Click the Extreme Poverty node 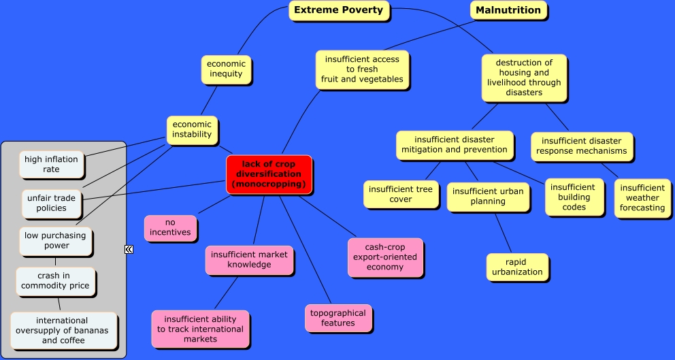click(x=339, y=10)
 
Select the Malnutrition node click(x=508, y=10)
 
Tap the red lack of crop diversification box click(x=269, y=174)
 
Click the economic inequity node click(x=227, y=69)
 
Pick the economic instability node click(x=192, y=129)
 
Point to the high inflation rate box click(x=52, y=164)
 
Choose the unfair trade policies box click(x=52, y=203)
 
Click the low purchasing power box click(x=56, y=240)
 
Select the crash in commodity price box click(x=55, y=280)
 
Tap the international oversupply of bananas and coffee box click(x=63, y=330)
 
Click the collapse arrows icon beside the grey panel click(x=129, y=250)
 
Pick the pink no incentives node click(x=170, y=227)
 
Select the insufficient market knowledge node click(x=249, y=259)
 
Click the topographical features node click(x=338, y=318)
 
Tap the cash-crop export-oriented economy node click(x=385, y=257)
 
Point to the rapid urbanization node click(x=517, y=267)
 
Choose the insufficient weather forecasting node click(x=642, y=197)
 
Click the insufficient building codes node click(x=574, y=197)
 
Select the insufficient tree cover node click(x=400, y=194)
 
